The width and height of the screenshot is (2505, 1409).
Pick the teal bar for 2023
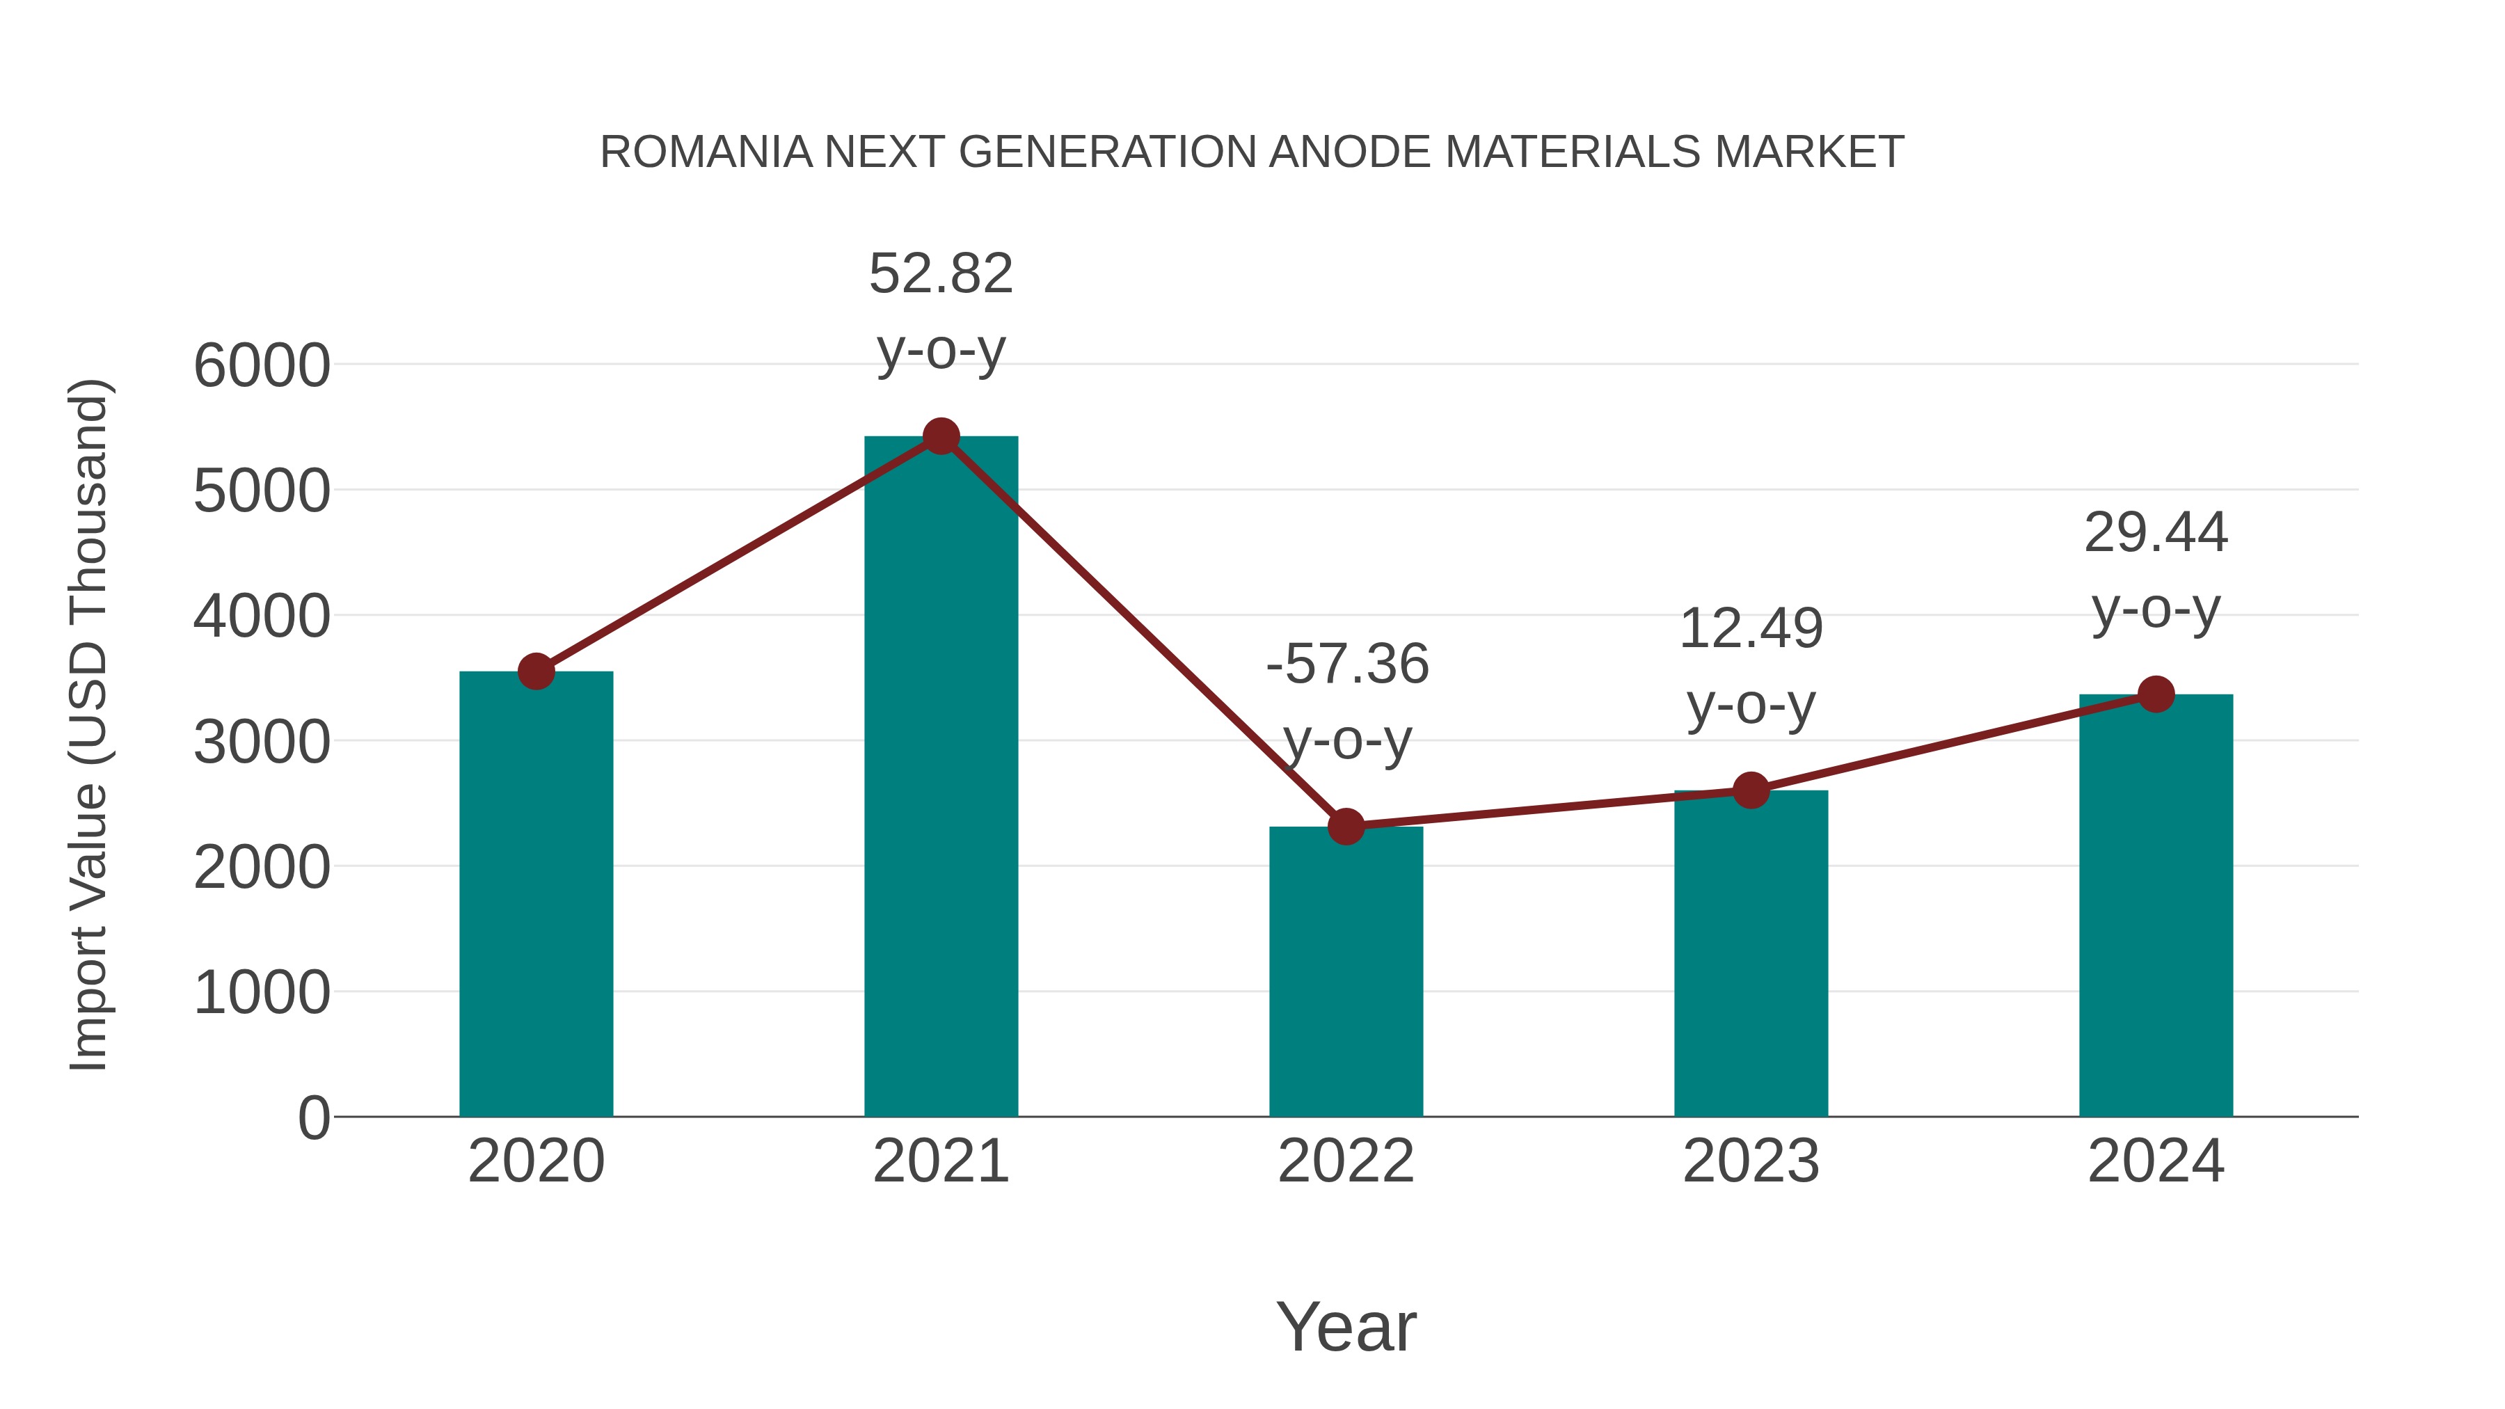1751,953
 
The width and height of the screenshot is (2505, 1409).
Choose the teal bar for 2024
2156,905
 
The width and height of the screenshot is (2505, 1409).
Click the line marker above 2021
940,436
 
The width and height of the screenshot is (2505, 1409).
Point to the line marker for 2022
1346,827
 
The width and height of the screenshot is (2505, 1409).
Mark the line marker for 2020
536,671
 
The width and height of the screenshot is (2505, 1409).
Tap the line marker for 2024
2156,694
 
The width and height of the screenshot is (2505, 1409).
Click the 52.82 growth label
940,274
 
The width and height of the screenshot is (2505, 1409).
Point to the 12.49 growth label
1751,629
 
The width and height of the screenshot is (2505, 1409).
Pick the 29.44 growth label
2156,534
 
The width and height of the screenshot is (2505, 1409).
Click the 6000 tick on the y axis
262,367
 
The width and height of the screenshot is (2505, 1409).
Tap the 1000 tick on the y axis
262,993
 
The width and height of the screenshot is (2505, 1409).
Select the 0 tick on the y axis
314,1118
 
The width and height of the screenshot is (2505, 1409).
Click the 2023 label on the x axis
1751,1161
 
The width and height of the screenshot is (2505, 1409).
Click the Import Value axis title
88,724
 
